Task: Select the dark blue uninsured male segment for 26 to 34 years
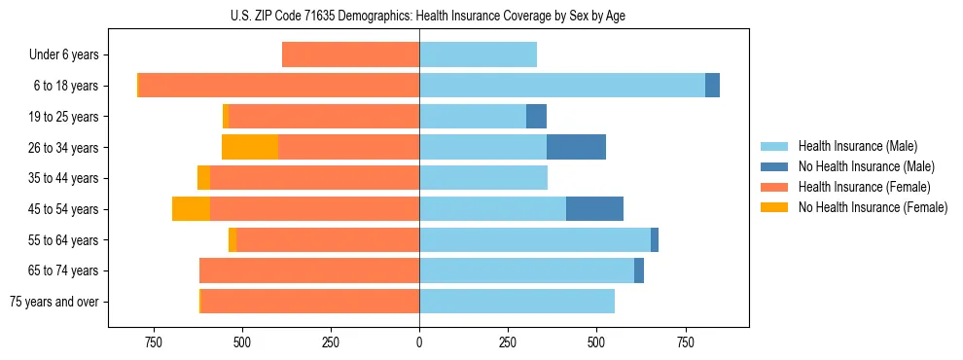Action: pyautogui.click(x=576, y=147)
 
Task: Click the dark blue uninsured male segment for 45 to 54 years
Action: pyautogui.click(x=594, y=208)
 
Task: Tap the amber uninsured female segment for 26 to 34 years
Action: pyautogui.click(x=250, y=147)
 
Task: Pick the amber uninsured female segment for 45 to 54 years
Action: pyautogui.click(x=191, y=208)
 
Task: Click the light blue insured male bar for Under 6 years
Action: pyautogui.click(x=478, y=54)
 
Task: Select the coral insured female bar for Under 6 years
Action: pyautogui.click(x=350, y=54)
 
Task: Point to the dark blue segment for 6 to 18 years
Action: pyautogui.click(x=712, y=86)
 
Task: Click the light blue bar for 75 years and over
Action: pyautogui.click(x=517, y=302)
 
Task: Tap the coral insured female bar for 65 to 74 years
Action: pyautogui.click(x=309, y=270)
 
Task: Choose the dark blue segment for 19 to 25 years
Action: pyautogui.click(x=536, y=117)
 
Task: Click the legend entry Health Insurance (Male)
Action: pyautogui.click(x=857, y=146)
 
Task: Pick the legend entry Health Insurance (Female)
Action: pyautogui.click(x=864, y=187)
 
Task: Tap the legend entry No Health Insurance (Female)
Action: pyautogui.click(x=873, y=207)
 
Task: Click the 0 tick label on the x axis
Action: pyautogui.click(x=419, y=342)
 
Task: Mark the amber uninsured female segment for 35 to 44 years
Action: pyautogui.click(x=203, y=178)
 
